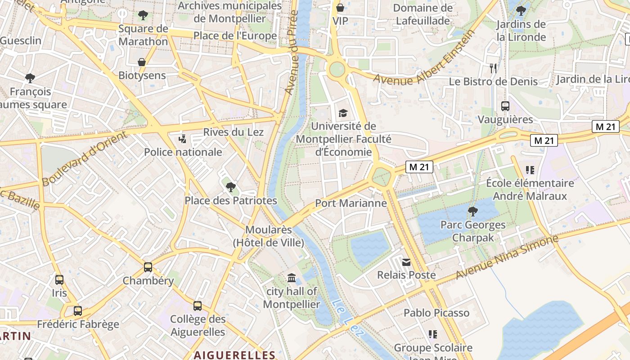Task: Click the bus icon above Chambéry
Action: (148, 267)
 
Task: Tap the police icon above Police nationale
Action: (183, 139)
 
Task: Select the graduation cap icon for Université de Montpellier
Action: (343, 113)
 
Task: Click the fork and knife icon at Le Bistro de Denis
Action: (493, 68)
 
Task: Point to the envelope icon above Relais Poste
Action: (406, 262)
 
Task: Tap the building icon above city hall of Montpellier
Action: (291, 278)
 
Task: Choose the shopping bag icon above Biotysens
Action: (142, 62)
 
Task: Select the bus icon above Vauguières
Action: (505, 106)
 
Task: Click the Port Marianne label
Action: (351, 203)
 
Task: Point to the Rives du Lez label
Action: (234, 132)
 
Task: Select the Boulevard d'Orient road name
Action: (85, 160)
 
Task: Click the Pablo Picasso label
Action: (436, 313)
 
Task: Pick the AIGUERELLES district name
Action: (234, 355)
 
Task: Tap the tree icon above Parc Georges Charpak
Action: (472, 211)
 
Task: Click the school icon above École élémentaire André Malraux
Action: (530, 170)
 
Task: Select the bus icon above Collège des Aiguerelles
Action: (198, 306)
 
